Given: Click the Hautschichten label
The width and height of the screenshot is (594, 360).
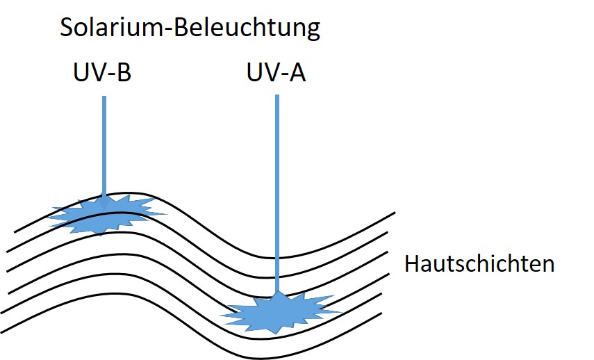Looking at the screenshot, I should pos(479,264).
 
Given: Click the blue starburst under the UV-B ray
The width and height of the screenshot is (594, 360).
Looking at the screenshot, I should pos(104,215).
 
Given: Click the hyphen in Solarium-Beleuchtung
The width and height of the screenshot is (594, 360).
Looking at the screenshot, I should pos(158,30).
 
